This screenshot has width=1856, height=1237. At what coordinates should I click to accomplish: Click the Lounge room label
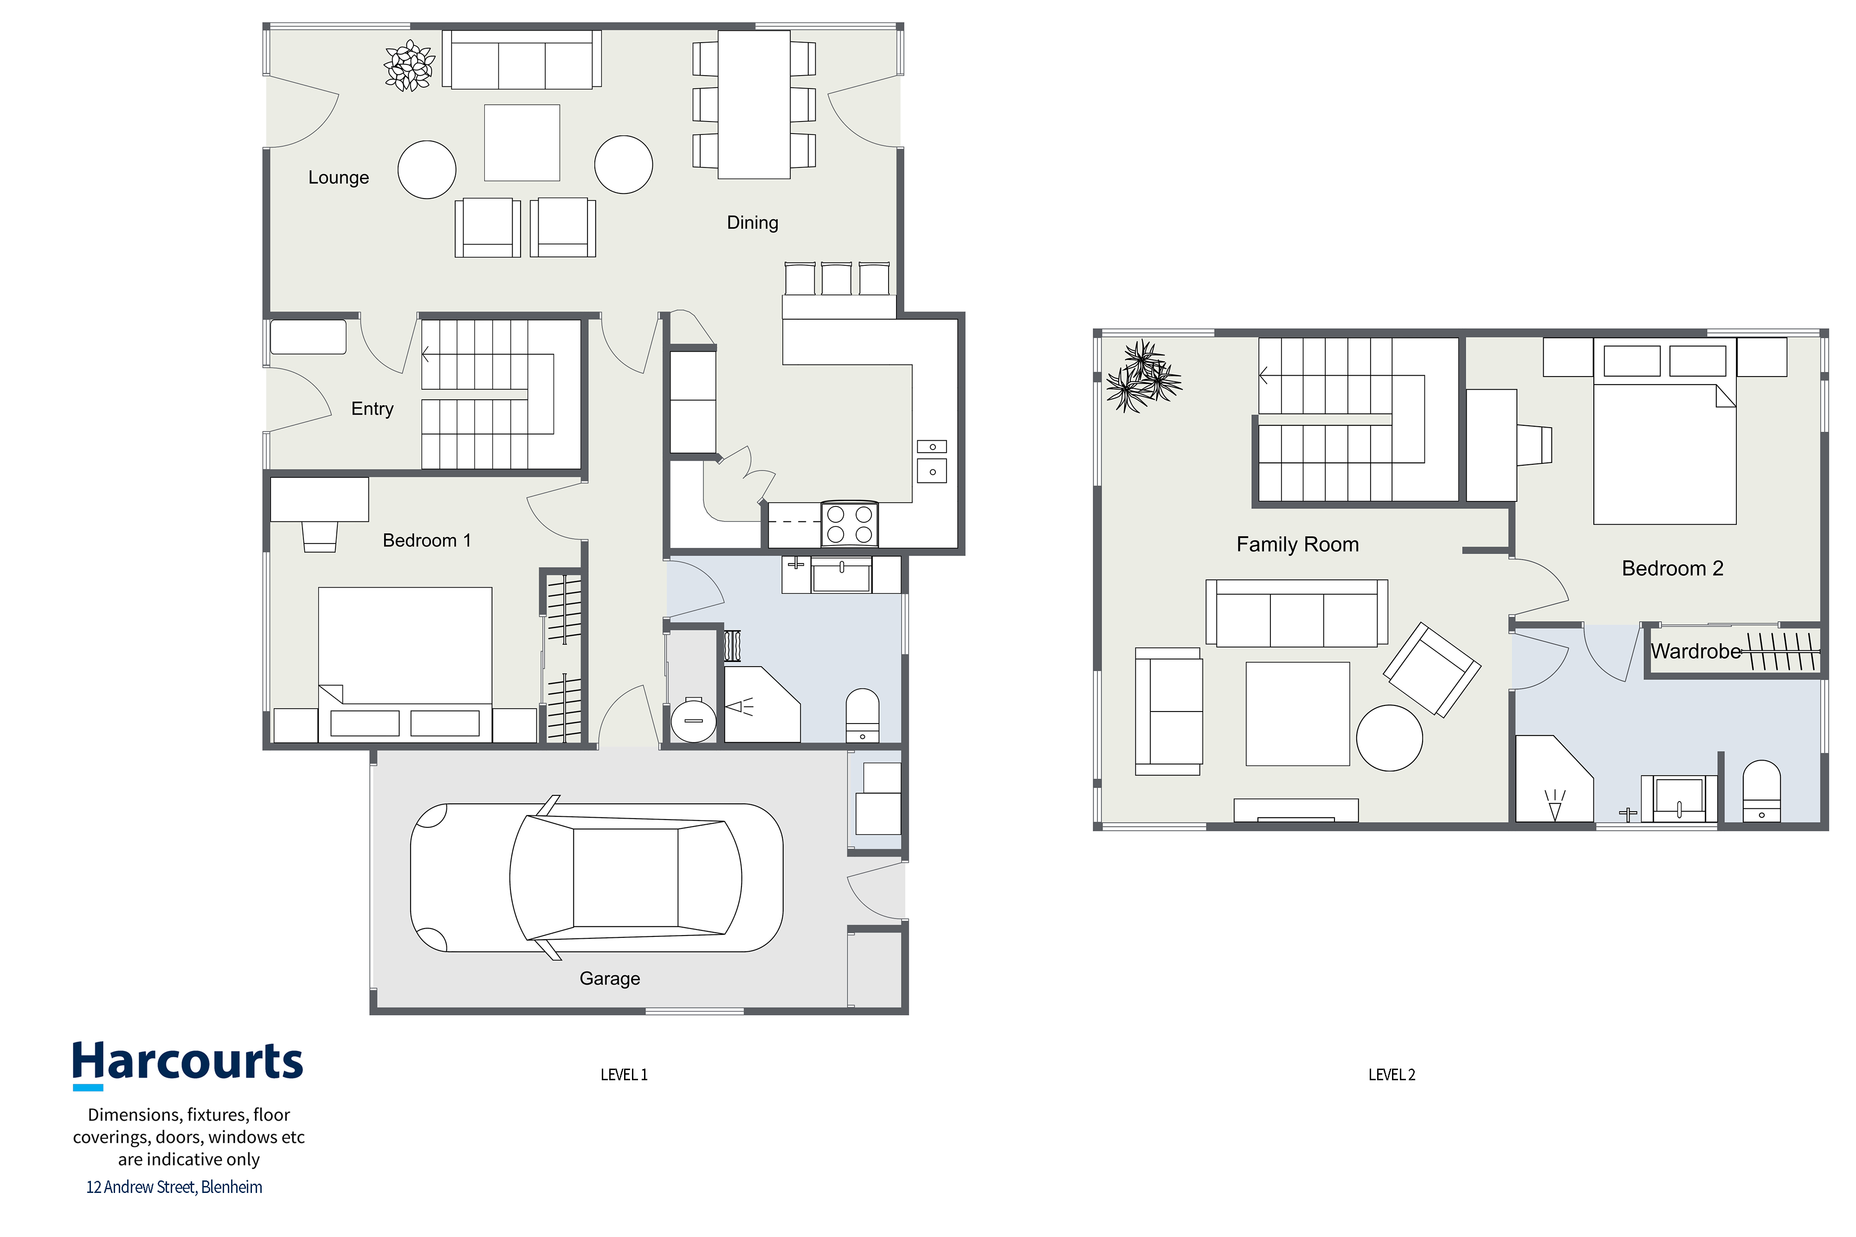click(x=339, y=178)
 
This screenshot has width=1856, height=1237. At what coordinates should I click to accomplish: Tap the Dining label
click(x=752, y=223)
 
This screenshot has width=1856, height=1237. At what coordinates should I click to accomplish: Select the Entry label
click(x=373, y=409)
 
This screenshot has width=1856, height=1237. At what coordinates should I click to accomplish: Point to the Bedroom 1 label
click(x=427, y=540)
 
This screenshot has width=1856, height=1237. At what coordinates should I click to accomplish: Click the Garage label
click(x=610, y=979)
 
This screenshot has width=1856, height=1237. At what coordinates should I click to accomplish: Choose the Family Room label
click(x=1297, y=545)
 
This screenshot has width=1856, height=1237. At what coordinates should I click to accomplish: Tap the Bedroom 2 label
click(x=1672, y=568)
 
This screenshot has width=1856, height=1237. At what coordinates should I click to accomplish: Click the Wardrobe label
click(x=1696, y=652)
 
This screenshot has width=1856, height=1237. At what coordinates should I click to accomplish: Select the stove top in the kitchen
click(x=850, y=524)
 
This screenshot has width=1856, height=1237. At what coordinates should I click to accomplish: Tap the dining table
click(x=754, y=105)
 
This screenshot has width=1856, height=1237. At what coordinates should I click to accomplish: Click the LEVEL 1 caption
click(x=624, y=1075)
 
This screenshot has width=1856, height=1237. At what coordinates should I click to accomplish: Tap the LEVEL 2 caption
click(x=1392, y=1075)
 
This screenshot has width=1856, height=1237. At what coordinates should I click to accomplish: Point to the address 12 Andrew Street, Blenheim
click(x=174, y=1187)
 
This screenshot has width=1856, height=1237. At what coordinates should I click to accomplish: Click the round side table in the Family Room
click(x=1390, y=737)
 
